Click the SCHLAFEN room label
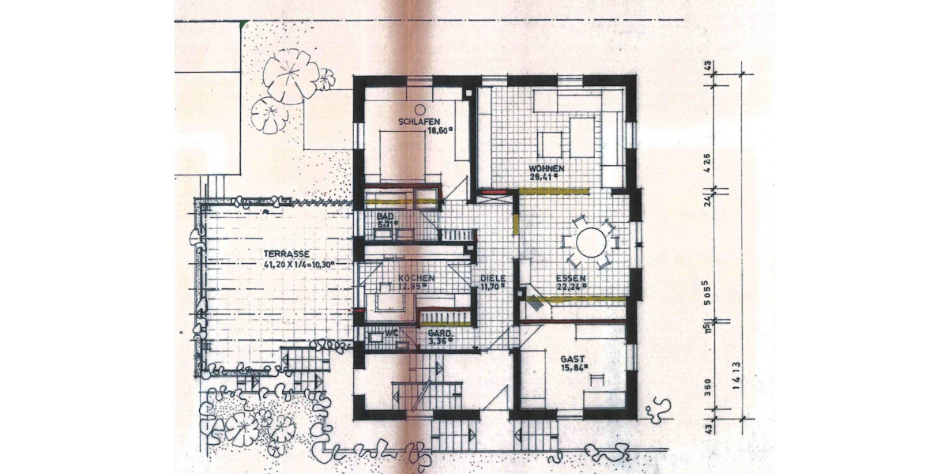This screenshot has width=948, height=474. tap(419, 122)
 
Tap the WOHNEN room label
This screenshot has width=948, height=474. tap(546, 169)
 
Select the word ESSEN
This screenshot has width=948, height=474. tap(570, 278)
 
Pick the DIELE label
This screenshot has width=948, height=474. tap(492, 279)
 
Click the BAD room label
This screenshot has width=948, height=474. tap(385, 216)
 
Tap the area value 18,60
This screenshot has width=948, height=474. tap(438, 131)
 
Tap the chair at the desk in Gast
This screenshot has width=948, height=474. tap(596, 380)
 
